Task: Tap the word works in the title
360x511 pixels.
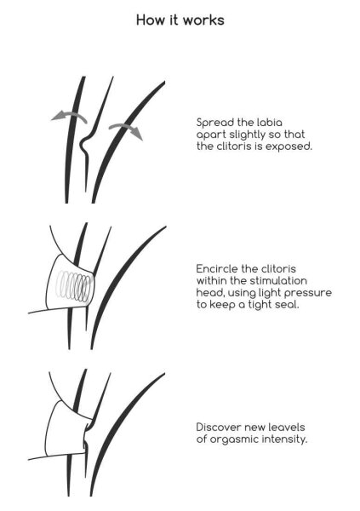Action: pos(204,20)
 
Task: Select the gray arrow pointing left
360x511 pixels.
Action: pos(69,117)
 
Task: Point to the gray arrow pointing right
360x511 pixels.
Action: pos(126,130)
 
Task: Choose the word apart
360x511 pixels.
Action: pos(211,135)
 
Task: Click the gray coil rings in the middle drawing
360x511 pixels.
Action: pos(73,285)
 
